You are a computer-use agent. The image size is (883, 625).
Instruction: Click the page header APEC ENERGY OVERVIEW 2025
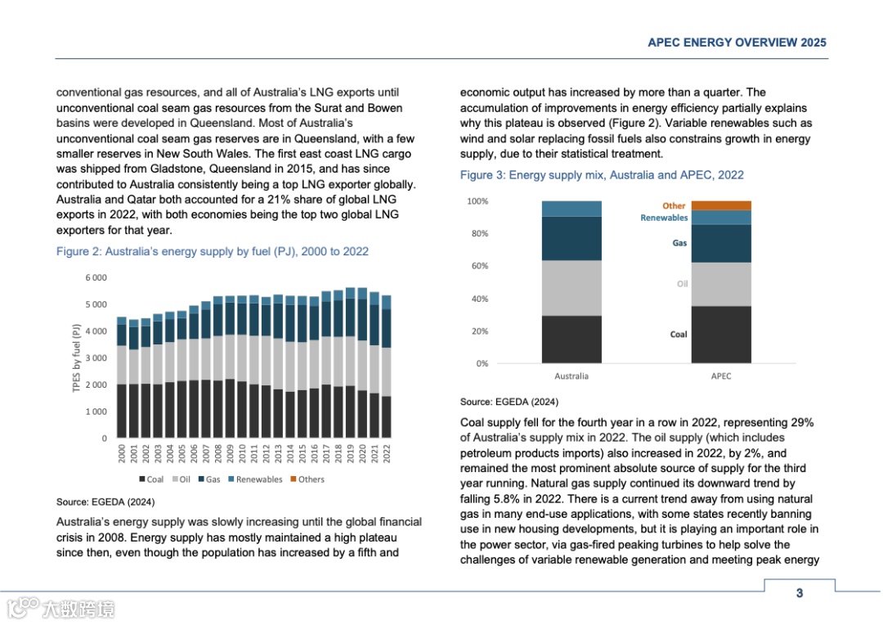point(737,43)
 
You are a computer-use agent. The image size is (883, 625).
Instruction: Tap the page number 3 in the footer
point(800,592)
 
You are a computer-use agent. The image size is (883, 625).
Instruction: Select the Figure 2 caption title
point(213,251)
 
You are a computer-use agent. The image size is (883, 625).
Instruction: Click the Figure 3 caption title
point(602,175)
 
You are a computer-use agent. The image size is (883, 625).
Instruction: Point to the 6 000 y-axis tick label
point(96,278)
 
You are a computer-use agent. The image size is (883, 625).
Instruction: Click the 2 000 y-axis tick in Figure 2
point(96,385)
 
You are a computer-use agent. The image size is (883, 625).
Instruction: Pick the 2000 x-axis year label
point(122,453)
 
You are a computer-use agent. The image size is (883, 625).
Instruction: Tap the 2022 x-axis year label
point(387,453)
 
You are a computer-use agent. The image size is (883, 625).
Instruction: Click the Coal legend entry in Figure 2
point(151,479)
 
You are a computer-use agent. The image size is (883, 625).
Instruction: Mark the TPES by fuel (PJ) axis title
point(77,358)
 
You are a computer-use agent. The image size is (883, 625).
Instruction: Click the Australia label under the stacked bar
point(571,376)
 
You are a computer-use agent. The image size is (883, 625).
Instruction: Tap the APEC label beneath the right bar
point(721,376)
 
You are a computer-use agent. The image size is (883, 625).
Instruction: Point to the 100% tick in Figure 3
point(477,201)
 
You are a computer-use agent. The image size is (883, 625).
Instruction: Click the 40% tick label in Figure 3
point(478,299)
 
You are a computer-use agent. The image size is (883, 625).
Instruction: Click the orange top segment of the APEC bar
point(721,205)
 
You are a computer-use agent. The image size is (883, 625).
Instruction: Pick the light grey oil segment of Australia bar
point(571,288)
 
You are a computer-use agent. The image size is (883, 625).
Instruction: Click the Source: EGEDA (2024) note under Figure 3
point(509,402)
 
